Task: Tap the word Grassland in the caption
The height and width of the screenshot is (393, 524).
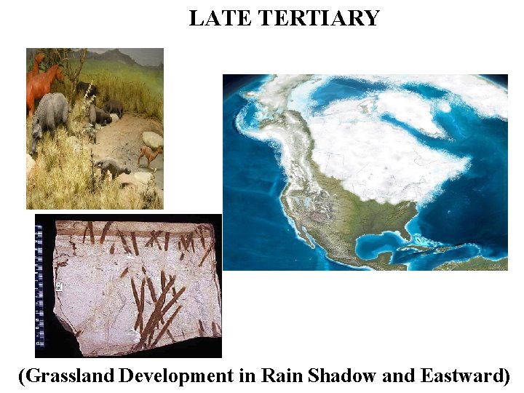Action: click(70, 376)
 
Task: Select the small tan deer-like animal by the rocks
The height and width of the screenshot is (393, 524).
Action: click(149, 154)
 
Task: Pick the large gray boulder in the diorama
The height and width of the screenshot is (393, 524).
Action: click(151, 139)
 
